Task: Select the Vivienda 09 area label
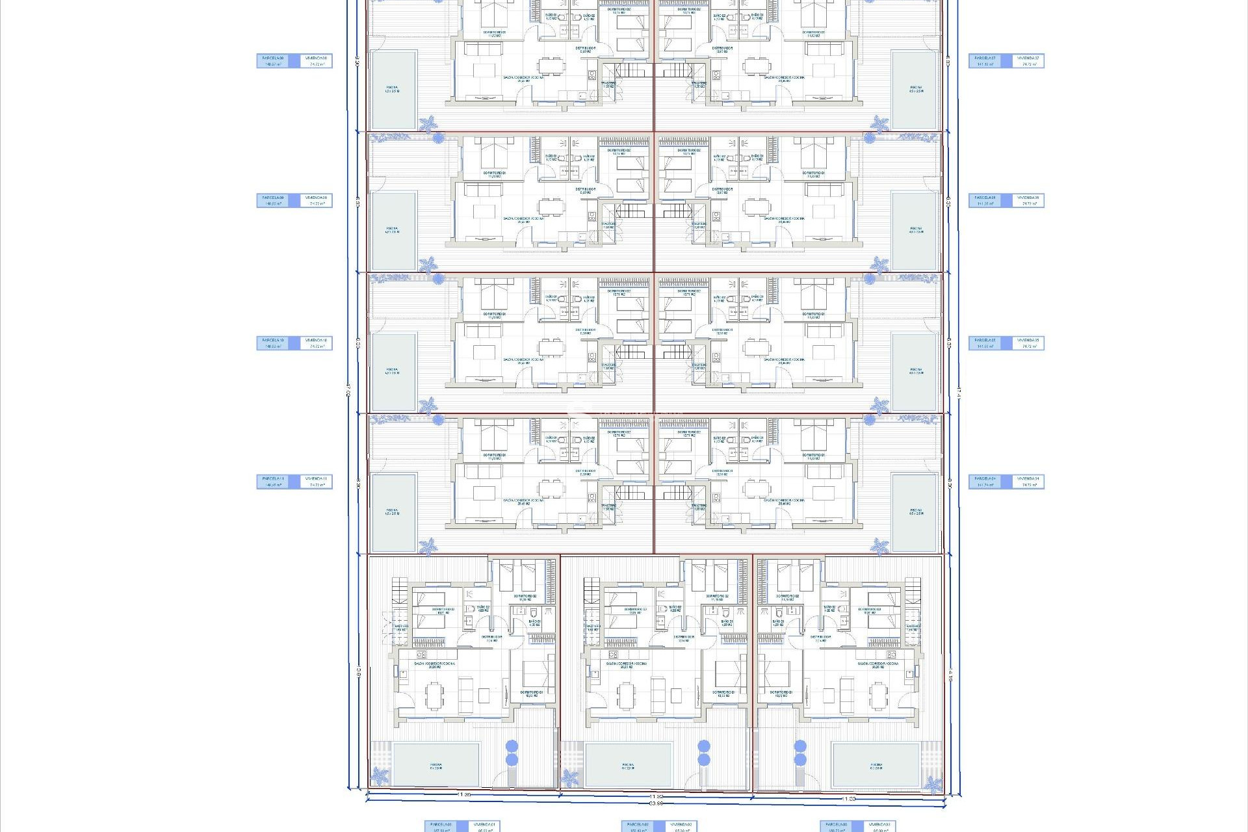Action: [317, 201]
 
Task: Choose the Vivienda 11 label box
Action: [317, 482]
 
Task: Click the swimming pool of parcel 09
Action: [393, 231]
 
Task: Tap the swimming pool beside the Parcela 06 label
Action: [916, 231]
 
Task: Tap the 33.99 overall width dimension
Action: [656, 804]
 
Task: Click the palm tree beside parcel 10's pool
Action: [428, 406]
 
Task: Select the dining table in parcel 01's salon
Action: [433, 695]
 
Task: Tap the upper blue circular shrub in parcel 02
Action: [703, 746]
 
